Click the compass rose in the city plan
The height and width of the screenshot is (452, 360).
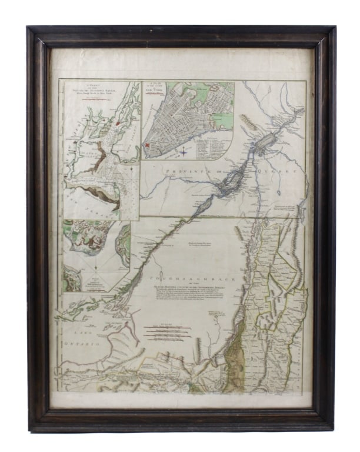[x=184, y=152]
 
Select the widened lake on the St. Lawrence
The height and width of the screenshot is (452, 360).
[x=265, y=141]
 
